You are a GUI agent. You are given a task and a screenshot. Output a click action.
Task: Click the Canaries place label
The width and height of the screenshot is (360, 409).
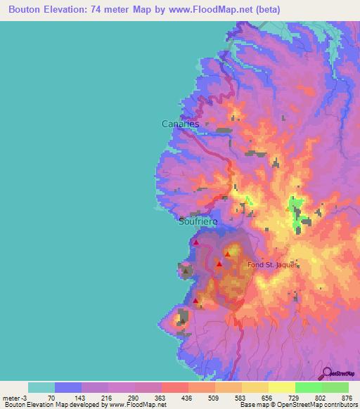[181, 124]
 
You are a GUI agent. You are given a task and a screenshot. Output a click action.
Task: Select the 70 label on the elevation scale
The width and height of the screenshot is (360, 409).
[51, 398]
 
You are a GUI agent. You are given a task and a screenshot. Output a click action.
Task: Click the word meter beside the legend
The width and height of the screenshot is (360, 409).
[11, 398]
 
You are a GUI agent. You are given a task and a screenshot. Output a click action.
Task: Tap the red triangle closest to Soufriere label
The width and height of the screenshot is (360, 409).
[196, 242]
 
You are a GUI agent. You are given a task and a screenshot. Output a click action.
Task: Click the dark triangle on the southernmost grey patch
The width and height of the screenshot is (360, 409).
[182, 320]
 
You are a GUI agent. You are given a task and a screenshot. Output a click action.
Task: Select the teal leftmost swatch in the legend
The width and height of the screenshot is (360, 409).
[41, 387]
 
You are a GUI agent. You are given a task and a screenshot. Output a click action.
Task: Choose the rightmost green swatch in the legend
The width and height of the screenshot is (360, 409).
[335, 387]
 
